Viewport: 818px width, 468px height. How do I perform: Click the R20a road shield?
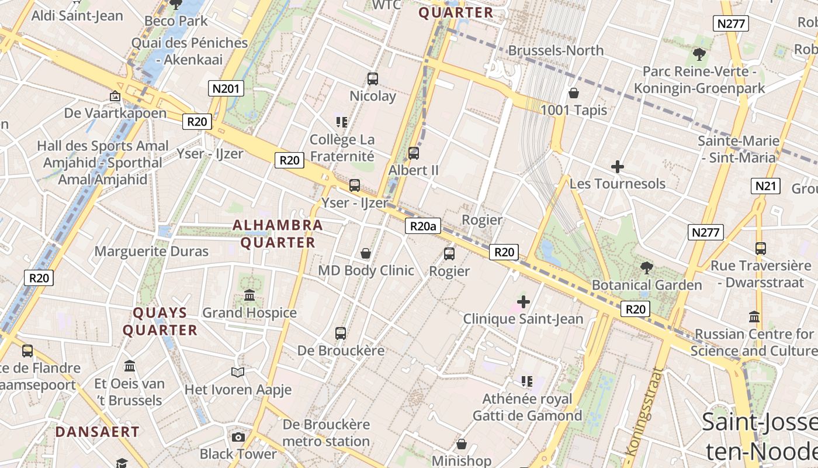tap(422, 226)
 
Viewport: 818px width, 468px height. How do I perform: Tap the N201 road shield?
tap(226, 88)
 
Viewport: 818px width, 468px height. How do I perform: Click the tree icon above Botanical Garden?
tap(646, 268)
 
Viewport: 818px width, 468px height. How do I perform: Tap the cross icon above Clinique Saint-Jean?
tap(524, 302)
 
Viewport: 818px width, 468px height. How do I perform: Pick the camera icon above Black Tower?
tap(238, 437)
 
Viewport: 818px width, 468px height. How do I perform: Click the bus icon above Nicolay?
tap(373, 79)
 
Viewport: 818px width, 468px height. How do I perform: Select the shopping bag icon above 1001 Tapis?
tap(574, 93)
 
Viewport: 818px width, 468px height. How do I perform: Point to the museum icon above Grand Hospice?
tap(249, 295)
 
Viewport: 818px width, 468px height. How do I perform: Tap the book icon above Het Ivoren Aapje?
tap(238, 372)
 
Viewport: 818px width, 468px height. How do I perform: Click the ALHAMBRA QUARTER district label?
tap(278, 233)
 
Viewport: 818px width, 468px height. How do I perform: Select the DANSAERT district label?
tap(98, 432)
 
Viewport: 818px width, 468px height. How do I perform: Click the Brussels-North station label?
tap(556, 50)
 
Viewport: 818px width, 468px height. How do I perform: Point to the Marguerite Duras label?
tap(151, 252)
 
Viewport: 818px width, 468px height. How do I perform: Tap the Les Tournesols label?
tap(617, 184)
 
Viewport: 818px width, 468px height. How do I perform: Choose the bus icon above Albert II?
tap(414, 153)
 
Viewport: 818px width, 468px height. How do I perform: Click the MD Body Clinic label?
tap(366, 271)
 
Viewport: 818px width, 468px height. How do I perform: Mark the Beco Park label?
tap(176, 21)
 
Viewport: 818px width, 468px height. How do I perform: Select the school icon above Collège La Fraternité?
tap(342, 122)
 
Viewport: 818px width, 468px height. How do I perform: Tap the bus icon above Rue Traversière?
tap(760, 249)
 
